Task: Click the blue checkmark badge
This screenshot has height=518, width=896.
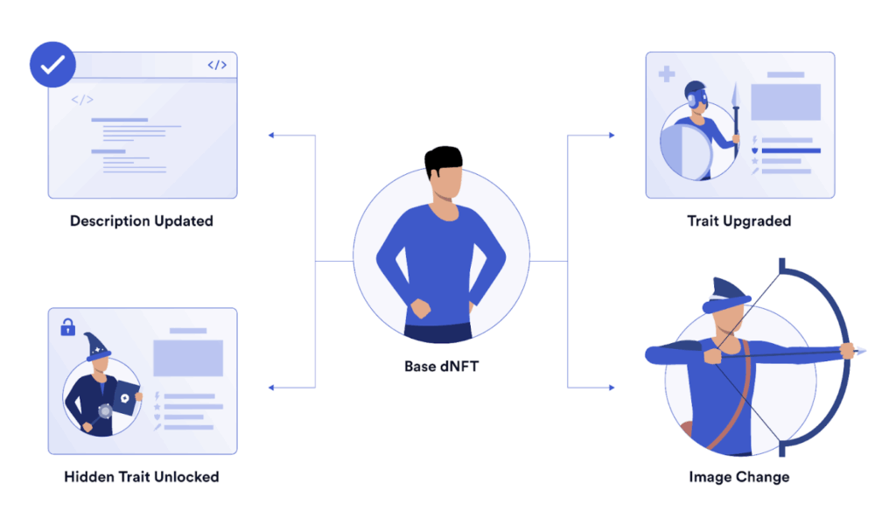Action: point(52,65)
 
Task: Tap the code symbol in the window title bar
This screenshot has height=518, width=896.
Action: point(217,65)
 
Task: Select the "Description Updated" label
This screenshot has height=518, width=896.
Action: point(142,221)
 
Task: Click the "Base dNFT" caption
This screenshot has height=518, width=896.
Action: point(442,367)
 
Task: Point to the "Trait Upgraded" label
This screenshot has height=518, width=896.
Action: point(738,221)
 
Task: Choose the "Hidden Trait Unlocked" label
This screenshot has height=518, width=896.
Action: point(142,477)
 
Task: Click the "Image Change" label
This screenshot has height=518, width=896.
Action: point(738,477)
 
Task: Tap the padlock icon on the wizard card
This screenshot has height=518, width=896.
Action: point(68,327)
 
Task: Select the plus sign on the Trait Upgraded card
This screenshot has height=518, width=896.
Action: point(666,73)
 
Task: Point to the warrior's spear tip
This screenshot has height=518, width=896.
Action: point(736,94)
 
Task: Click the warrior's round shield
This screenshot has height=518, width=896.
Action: point(687,151)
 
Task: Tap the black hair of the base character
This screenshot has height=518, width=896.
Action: point(443,160)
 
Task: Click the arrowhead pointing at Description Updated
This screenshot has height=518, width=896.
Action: point(271,136)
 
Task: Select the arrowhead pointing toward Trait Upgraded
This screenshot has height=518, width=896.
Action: point(612,136)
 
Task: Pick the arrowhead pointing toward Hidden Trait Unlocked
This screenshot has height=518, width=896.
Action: point(271,388)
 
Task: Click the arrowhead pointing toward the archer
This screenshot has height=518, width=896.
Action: point(612,388)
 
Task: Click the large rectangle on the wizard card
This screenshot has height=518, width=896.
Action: point(188,358)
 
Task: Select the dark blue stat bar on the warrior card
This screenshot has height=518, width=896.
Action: point(791,151)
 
